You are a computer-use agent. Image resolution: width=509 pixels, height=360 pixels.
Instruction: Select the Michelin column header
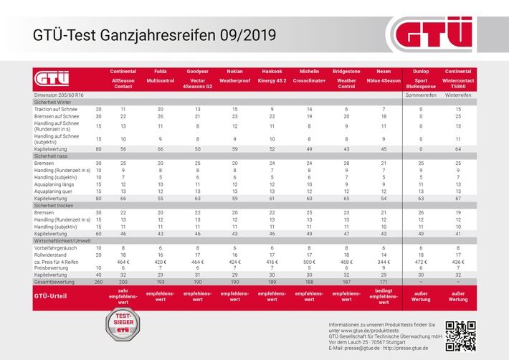click(309, 72)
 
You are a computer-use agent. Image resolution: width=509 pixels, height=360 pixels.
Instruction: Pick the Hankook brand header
click(272, 72)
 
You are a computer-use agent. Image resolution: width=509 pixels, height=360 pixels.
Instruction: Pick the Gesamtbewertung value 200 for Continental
click(123, 281)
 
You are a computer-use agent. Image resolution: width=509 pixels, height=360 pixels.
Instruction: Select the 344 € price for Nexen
click(384, 262)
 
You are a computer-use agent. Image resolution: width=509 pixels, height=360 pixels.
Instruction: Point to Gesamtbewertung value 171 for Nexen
click(384, 281)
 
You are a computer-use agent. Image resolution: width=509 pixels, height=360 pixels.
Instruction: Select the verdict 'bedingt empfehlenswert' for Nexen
click(384, 296)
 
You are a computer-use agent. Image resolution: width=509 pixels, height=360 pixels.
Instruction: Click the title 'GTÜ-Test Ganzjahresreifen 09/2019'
click(154, 34)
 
